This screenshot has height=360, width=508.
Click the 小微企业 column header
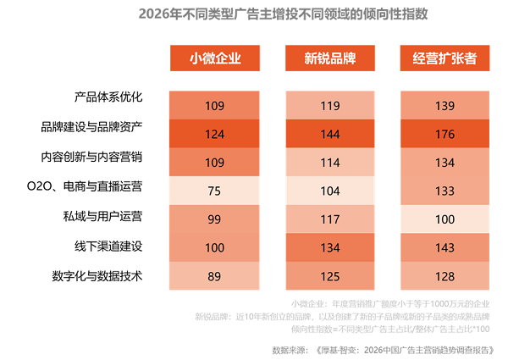[x=214, y=58]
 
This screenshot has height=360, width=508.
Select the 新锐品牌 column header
[x=329, y=58]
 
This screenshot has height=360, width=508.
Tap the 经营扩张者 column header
[x=444, y=58]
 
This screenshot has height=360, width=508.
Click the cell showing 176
[x=444, y=134]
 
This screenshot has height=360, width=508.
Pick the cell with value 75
[x=214, y=190]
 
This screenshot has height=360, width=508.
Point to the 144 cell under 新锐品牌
[x=329, y=134]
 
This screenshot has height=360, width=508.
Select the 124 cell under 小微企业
[x=214, y=134]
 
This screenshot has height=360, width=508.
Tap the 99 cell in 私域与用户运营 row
[x=214, y=219]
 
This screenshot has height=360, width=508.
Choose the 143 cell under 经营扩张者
[x=444, y=246]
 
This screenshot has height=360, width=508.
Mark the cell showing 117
[x=329, y=219]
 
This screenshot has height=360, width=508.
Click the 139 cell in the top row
[x=444, y=106]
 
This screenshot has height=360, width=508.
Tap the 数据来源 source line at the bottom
[x=385, y=348]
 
